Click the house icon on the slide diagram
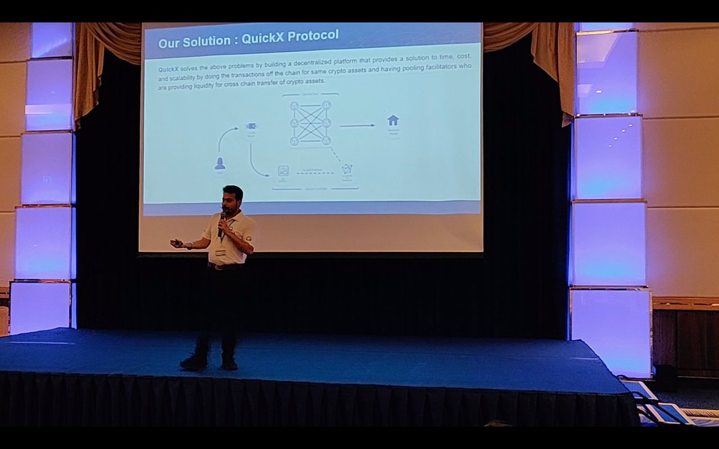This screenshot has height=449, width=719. click(393, 120)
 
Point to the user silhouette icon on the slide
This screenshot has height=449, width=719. click(219, 163)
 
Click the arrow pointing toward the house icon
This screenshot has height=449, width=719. click(357, 125)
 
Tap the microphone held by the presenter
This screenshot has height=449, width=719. click(222, 219)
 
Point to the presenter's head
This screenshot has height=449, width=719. click(232, 198)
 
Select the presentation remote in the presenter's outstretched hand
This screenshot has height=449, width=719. click(175, 243)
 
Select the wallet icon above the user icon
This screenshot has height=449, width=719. click(251, 127)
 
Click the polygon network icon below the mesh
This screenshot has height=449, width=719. click(347, 169)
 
